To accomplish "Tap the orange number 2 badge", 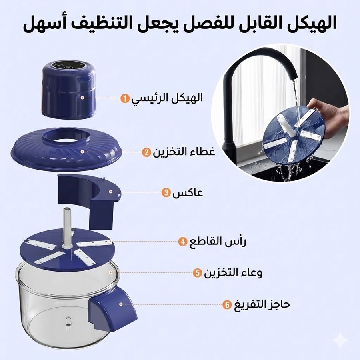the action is [146, 152].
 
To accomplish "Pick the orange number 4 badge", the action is [183, 242].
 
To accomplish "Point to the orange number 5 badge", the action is [197, 273].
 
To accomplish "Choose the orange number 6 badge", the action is [227, 305].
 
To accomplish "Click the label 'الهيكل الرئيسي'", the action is [167, 98].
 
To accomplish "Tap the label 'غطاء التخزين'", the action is [184, 152].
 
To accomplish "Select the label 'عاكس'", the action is [188, 192].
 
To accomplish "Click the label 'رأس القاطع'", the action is [218, 241].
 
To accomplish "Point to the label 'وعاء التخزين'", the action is [233, 272].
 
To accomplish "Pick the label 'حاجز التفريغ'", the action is [262, 304].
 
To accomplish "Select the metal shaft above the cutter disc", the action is [68, 227].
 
